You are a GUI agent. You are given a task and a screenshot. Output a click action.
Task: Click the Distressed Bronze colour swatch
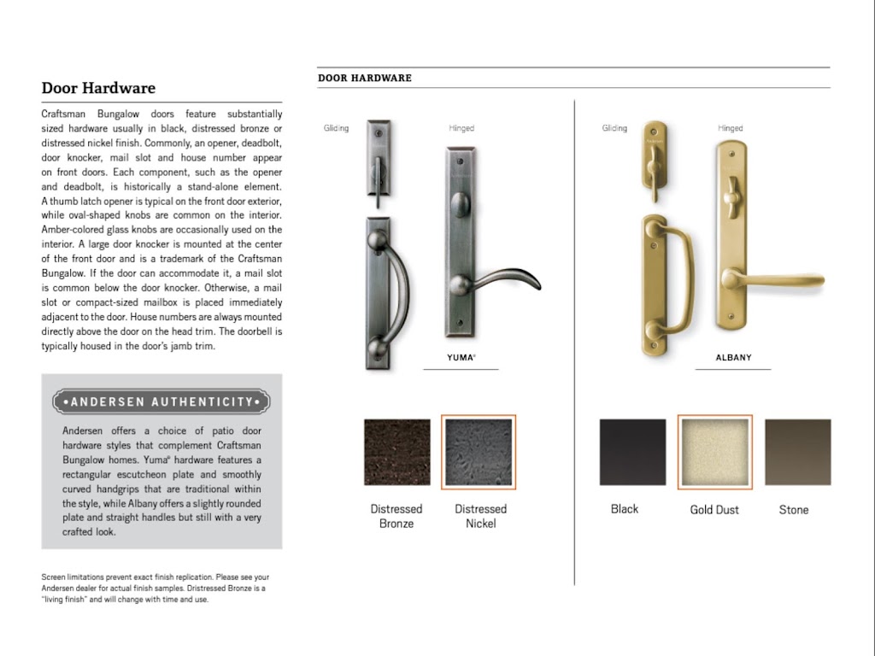point(396,452)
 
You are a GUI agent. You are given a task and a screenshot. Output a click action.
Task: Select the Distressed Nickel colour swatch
point(479,452)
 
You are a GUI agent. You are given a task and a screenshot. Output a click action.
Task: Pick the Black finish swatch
point(632,452)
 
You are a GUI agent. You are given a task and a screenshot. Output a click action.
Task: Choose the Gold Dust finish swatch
point(714,452)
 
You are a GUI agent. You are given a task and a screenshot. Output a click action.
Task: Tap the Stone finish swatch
point(797,452)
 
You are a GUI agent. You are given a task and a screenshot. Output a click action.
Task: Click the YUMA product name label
point(461,358)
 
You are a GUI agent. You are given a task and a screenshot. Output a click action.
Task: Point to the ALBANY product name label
point(733,358)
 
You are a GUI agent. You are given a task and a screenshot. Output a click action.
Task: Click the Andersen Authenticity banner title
point(161,401)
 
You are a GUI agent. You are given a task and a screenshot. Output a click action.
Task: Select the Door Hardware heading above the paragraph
point(98,88)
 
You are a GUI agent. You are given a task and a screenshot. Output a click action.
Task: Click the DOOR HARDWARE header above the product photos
point(365,78)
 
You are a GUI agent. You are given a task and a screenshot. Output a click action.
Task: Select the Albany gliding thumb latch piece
point(653,158)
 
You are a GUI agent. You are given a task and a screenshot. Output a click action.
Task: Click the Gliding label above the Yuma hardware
point(336,128)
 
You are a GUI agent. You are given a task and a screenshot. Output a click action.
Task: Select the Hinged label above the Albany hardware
point(730,128)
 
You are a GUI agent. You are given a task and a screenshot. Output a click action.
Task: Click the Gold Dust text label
point(714,510)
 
